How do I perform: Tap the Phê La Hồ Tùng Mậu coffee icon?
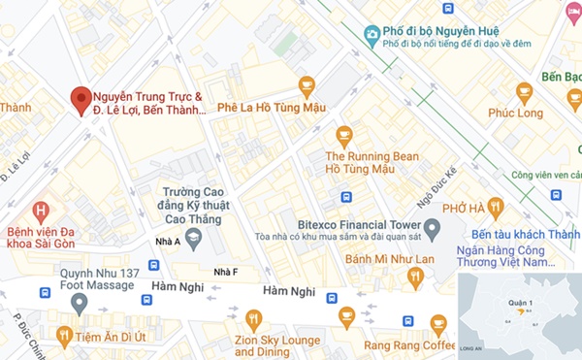tap(307, 85)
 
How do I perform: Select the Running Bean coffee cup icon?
tap(343, 135)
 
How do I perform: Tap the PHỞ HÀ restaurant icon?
tap(496, 206)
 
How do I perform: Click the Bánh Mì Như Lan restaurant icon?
tap(416, 277)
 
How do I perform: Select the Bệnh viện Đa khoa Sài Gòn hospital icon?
tap(41, 210)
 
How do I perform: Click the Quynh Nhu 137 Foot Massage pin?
tap(79, 303)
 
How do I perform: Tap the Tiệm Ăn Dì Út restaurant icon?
tap(64, 336)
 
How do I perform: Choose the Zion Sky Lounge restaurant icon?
tap(253, 318)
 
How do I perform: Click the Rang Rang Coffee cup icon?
tap(438, 323)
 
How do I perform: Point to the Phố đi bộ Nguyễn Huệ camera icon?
tap(371, 36)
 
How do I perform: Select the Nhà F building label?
tap(225, 271)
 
